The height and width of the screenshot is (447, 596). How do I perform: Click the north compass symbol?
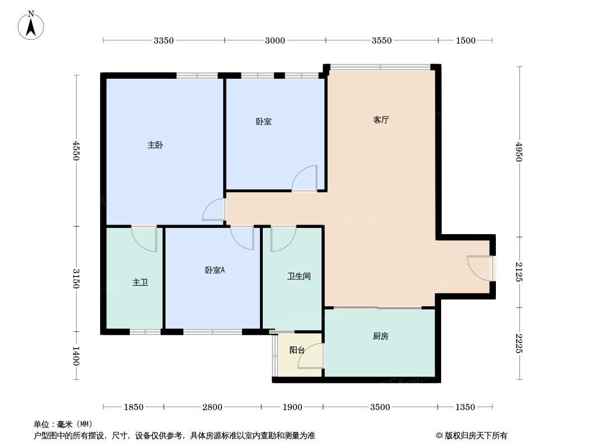coord(31,25)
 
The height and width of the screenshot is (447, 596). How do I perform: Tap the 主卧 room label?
coord(155,145)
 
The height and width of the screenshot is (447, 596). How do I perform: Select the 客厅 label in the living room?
coord(381,120)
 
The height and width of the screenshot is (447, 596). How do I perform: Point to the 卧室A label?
coord(215,270)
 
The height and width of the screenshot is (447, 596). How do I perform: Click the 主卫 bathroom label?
coord(140,283)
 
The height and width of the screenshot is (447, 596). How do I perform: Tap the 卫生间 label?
coord(299,276)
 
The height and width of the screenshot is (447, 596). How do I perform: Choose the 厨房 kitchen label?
coord(380,336)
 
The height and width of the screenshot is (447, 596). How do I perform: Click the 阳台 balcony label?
coord(297,350)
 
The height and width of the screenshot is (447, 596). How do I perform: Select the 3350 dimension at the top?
coord(164,40)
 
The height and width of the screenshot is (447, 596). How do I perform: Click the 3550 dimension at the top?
coord(382,40)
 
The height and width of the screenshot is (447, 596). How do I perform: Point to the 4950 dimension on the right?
coord(519,152)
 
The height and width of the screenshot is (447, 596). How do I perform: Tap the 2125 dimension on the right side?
coord(519,272)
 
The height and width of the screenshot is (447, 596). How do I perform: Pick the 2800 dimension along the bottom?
coord(212,407)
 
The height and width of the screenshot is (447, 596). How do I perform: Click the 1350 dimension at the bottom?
coord(465,407)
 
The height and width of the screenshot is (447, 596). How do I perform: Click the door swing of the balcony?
coord(310,358)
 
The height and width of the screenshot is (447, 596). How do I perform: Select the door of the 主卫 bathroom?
coord(144,238)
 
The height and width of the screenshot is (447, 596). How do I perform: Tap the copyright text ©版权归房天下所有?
coord(471,436)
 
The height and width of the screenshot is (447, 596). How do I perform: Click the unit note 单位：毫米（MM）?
coord(63,424)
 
